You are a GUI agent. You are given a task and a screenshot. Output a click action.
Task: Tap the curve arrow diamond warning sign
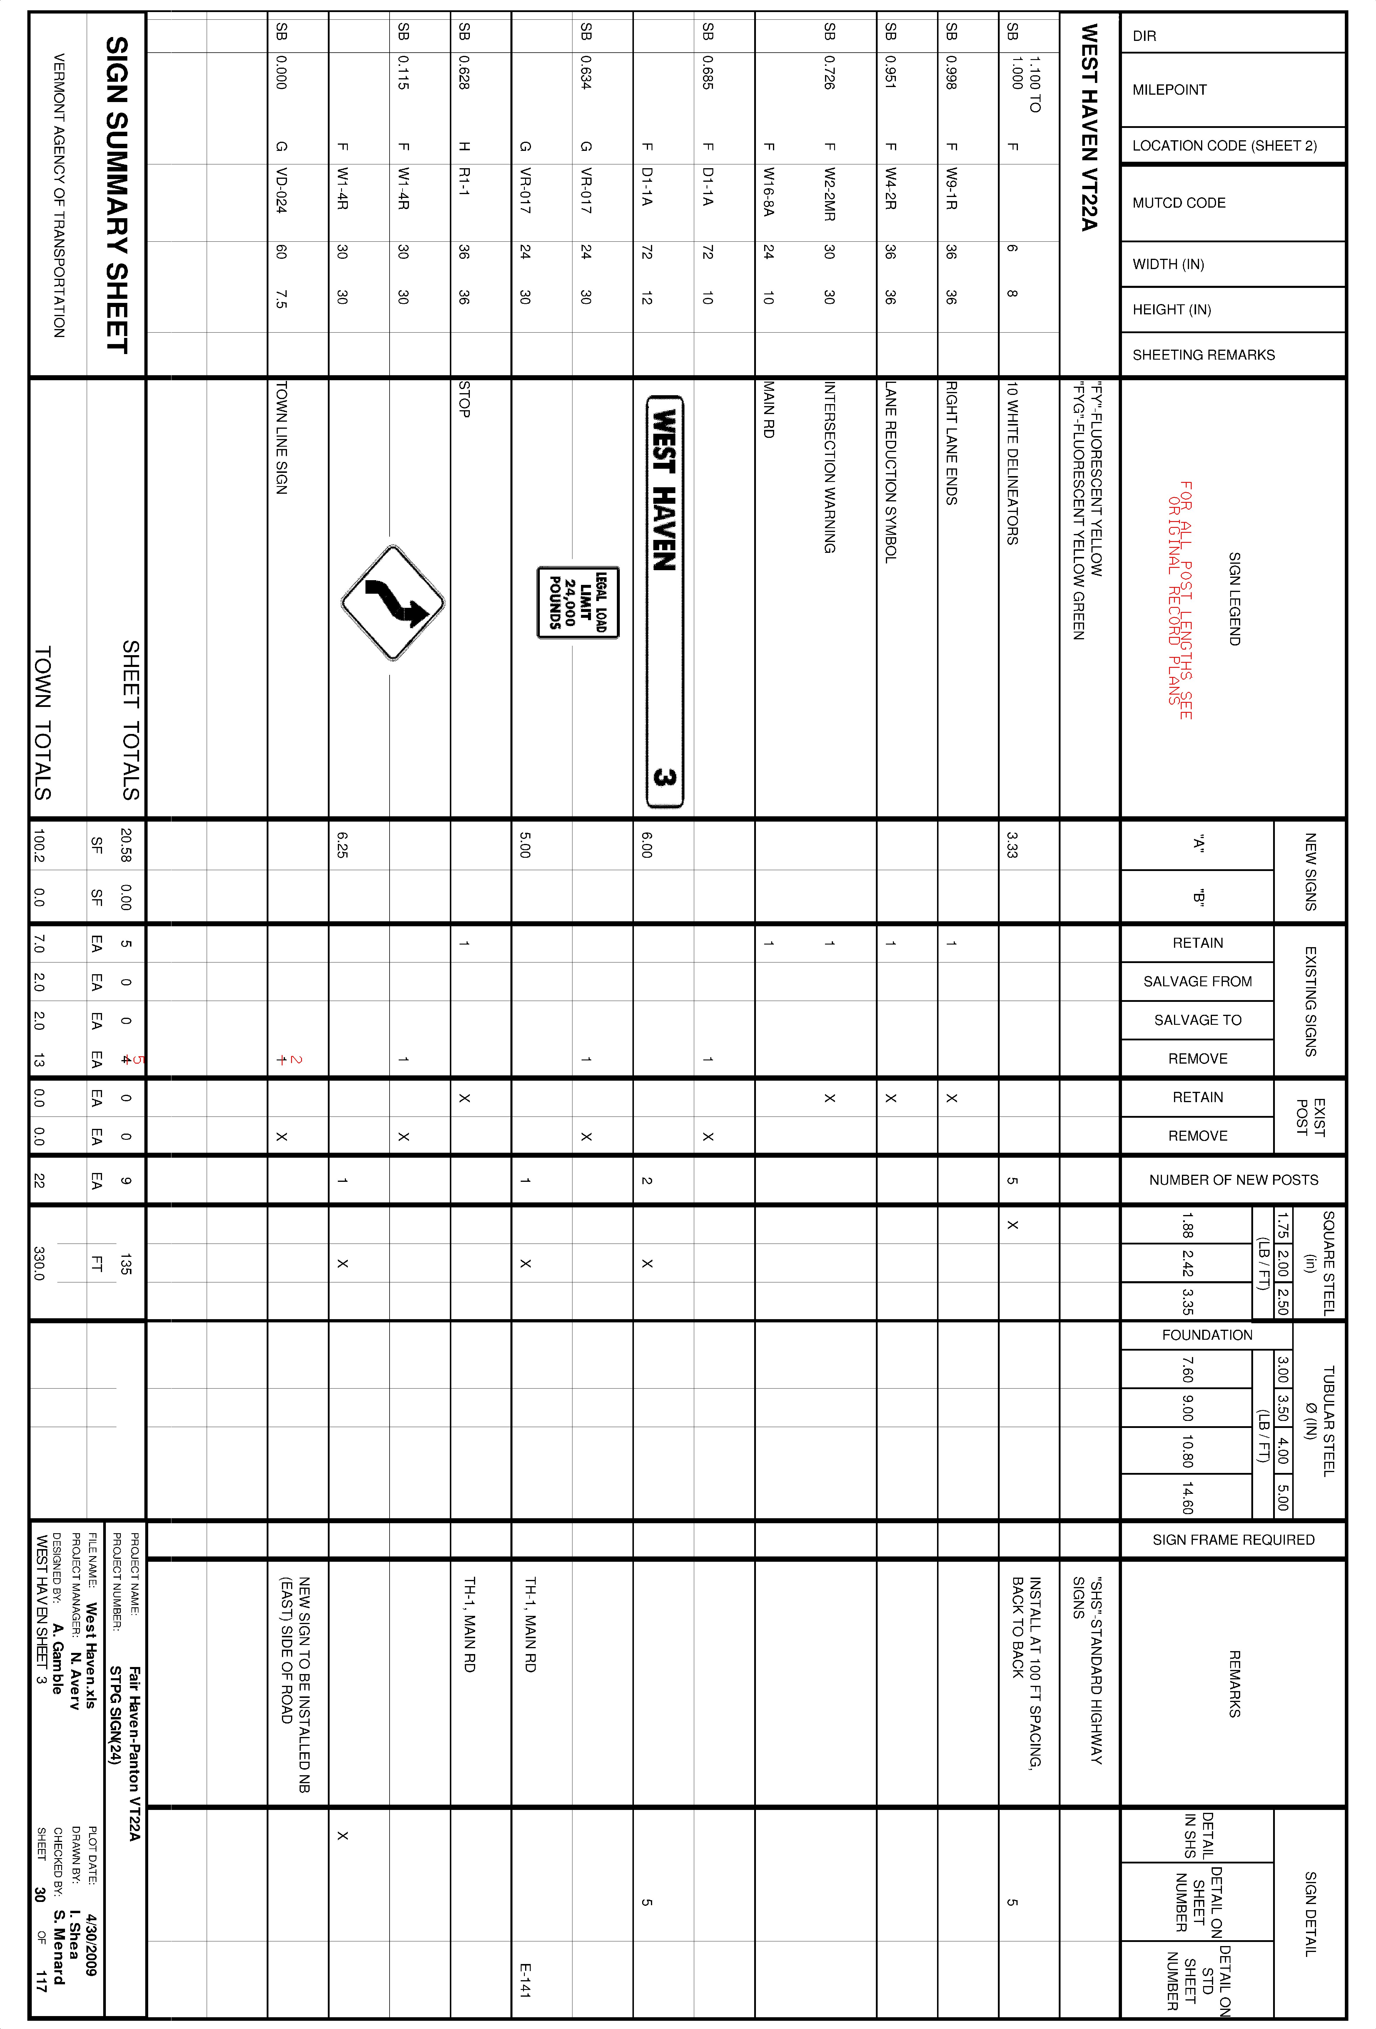[392, 603]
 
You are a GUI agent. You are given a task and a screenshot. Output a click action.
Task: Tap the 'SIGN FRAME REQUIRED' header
[1233, 1539]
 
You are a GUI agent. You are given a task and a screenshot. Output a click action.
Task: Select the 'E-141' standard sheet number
[525, 1980]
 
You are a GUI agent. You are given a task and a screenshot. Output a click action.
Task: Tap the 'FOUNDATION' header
[1207, 1335]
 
